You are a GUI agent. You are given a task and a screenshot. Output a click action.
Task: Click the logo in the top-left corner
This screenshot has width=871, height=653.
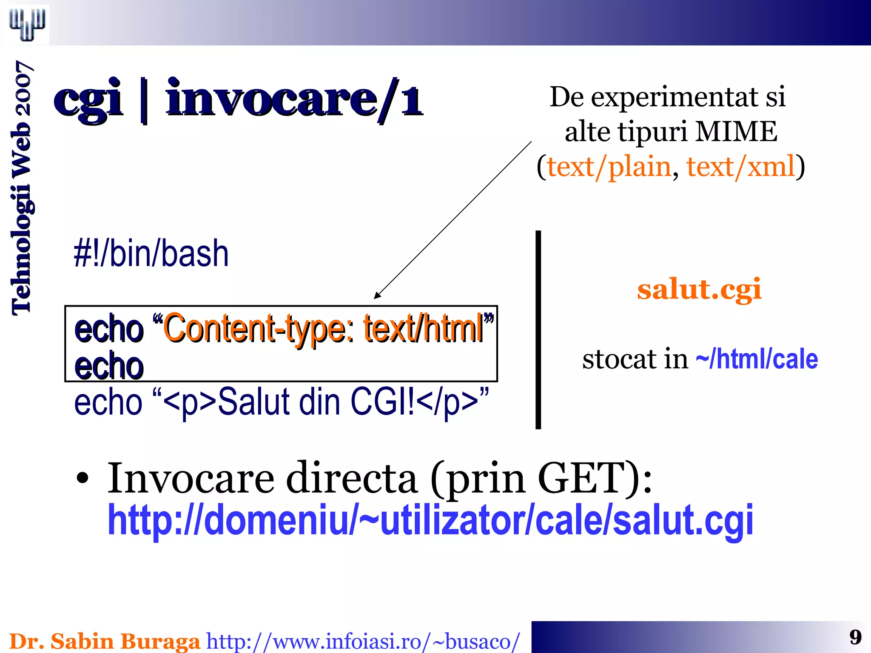point(27,24)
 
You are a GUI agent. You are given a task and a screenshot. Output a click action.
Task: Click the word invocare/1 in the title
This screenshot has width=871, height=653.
point(293,100)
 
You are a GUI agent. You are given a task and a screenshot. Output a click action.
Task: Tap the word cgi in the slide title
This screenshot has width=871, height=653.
point(88,100)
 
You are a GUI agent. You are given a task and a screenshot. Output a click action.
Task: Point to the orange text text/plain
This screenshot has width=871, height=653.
point(609,167)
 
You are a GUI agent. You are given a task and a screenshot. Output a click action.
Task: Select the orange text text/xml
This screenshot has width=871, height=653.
point(740,167)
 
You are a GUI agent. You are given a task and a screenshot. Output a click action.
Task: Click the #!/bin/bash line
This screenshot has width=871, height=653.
point(151,254)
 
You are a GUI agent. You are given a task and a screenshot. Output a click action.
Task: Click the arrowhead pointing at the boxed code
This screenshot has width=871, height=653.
point(377,295)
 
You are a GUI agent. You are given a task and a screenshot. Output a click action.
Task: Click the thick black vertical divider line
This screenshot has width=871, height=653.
point(538,329)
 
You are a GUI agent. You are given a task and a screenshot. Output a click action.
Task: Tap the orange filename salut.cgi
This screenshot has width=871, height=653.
point(699,290)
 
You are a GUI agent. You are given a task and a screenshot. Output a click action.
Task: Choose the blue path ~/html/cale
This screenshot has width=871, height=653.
point(757,359)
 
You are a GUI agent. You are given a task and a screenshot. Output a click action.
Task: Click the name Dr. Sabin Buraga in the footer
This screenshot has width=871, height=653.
point(105,641)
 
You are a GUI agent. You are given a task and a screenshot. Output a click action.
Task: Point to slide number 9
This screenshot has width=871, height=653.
point(855,637)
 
